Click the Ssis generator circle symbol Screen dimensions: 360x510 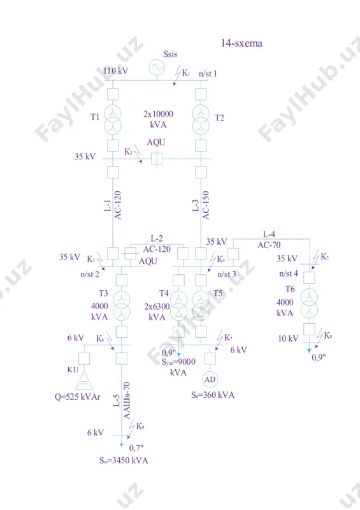[x=157, y=68]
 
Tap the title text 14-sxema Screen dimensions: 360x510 [x=241, y=43]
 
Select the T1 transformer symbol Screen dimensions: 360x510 [x=113, y=119]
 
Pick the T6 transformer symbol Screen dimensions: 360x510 [x=309, y=303]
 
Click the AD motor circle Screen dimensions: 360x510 [x=210, y=379]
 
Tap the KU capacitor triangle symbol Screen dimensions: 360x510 [x=84, y=381]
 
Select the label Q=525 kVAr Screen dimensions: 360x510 [x=77, y=397]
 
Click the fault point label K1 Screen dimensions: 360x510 [x=185, y=73]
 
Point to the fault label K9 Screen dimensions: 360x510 [x=140, y=426]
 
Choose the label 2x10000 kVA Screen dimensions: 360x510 [x=159, y=119]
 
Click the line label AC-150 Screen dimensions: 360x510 [x=206, y=205]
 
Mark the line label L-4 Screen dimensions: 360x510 [x=269, y=234]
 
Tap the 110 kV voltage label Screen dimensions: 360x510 [x=116, y=71]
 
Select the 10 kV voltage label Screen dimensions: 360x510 [x=288, y=339]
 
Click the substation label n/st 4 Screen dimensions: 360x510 [x=289, y=273]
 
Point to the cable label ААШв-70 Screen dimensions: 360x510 [x=127, y=400]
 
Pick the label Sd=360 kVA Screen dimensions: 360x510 [x=213, y=395]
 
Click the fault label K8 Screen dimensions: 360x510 [x=328, y=336]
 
